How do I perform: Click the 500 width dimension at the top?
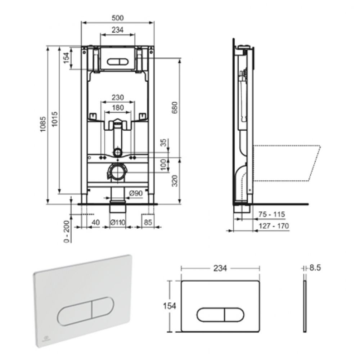tap(118, 18)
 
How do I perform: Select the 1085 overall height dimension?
tap(43, 124)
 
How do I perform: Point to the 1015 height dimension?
tap(54, 119)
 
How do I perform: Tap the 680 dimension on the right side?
tap(175, 108)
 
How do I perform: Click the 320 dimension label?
tap(175, 181)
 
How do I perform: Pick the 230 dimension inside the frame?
tap(118, 97)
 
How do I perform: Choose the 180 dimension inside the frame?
tap(118, 107)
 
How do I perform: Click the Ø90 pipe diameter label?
tap(136, 193)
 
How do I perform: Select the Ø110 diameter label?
tap(118, 222)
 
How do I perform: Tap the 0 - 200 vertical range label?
tap(67, 231)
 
